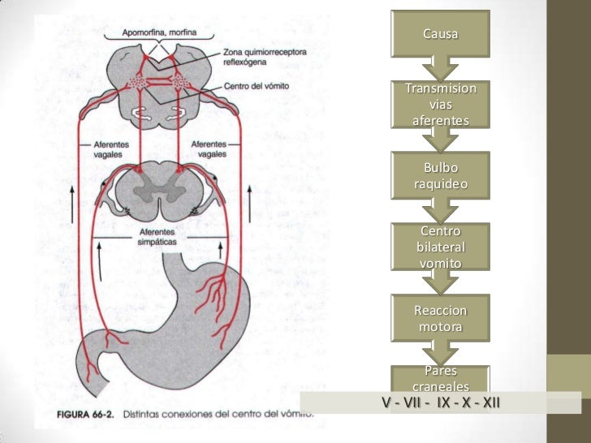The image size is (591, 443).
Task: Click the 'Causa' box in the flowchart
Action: (440, 35)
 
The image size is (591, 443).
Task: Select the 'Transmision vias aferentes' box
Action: (440, 104)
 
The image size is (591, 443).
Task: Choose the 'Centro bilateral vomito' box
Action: (440, 247)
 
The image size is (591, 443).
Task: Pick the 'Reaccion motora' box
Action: (440, 319)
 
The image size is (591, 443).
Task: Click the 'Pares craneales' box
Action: (440, 378)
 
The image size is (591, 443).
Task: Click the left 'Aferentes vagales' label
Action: (108, 148)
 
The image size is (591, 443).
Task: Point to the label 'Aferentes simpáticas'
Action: (158, 238)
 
